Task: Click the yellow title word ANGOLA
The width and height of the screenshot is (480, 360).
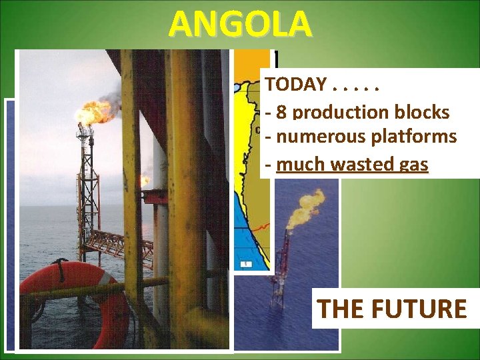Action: coord(240,25)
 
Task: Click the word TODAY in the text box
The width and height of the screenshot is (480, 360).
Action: coord(295,85)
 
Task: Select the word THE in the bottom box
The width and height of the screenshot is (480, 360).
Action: coord(338,309)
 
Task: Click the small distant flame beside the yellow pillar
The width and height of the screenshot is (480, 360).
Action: coord(145,180)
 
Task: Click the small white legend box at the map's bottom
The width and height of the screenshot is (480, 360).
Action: coord(245,264)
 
